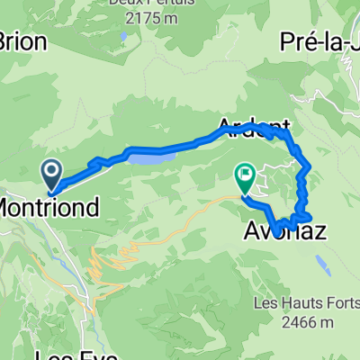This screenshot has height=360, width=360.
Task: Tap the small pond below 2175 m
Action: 121,37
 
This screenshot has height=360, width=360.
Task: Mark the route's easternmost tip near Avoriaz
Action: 310,216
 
